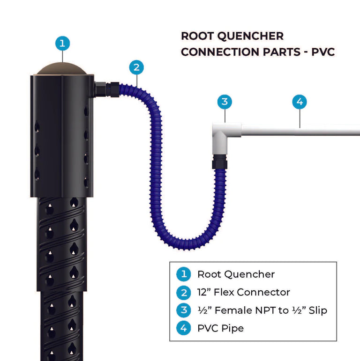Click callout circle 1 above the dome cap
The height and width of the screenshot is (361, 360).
point(62,44)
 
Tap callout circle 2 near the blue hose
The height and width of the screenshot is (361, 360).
point(136,67)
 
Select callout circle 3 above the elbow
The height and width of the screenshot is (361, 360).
point(225,101)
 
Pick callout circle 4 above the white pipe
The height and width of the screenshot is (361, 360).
point(300,101)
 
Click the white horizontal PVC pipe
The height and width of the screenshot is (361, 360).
point(300,130)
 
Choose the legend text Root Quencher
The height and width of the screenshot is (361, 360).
point(236,274)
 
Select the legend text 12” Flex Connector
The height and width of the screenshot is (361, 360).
point(243,293)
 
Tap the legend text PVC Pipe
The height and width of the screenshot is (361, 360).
point(220,328)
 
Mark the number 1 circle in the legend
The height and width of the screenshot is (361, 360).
point(183,274)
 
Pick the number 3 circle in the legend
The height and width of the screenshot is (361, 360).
point(183,310)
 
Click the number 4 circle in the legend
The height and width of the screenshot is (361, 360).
point(183,328)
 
